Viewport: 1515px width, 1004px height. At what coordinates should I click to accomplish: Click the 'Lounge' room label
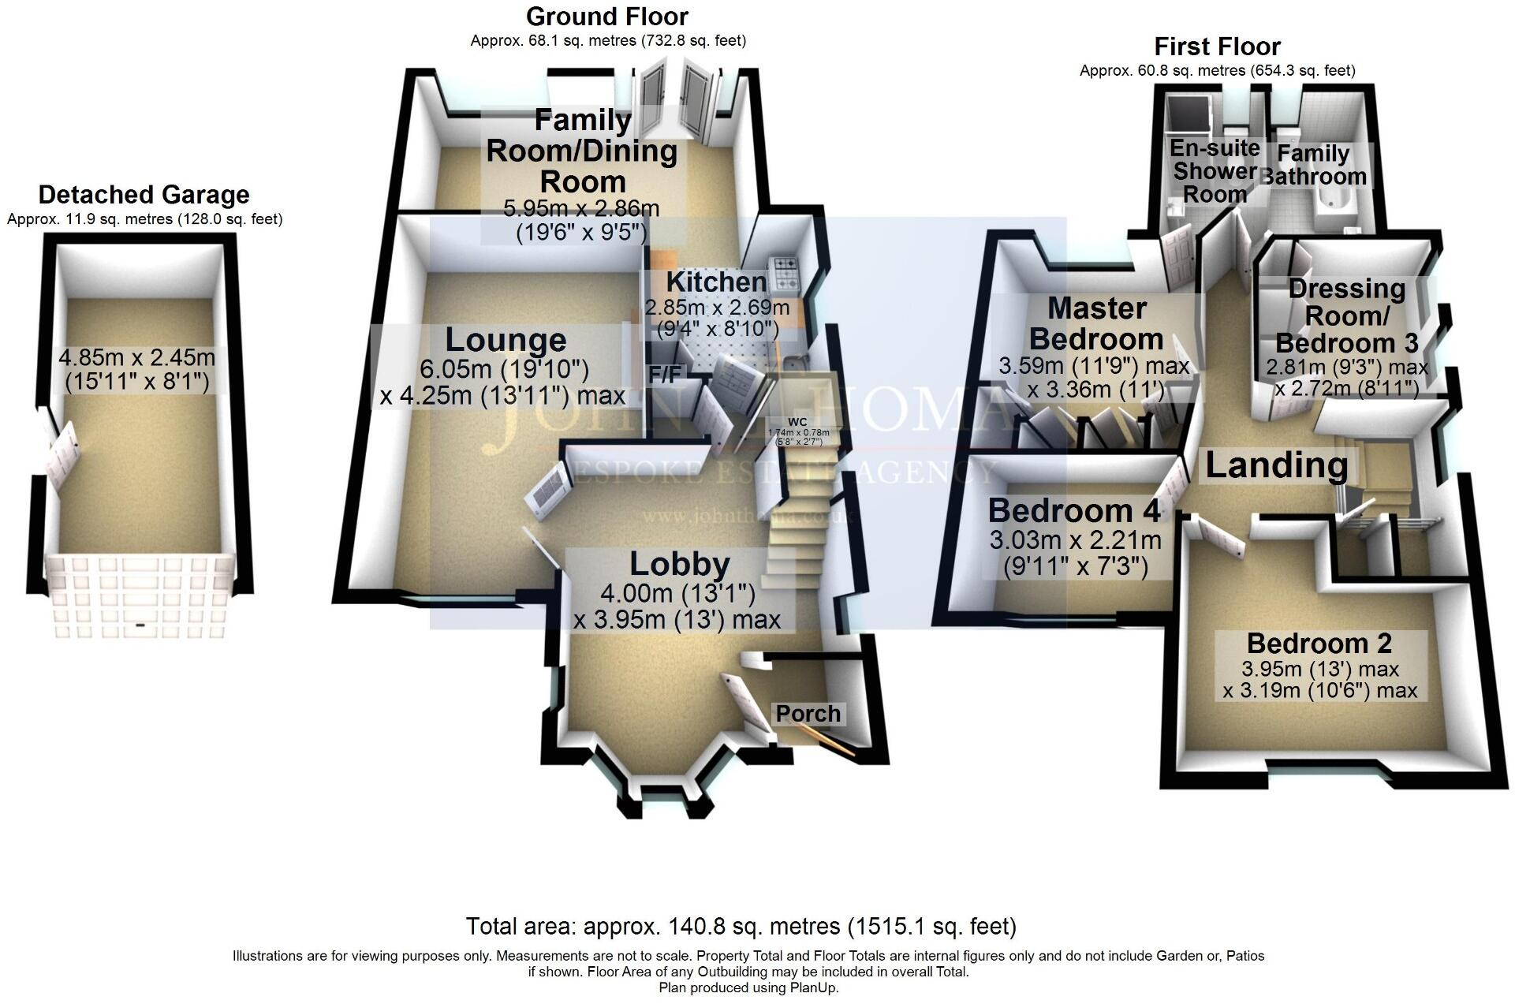506,340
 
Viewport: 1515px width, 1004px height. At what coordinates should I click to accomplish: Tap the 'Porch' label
808,714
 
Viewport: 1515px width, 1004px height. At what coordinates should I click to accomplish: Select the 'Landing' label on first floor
1276,465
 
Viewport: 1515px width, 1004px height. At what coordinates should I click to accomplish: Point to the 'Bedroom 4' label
1074,511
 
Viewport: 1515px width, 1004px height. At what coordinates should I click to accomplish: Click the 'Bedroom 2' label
1319,644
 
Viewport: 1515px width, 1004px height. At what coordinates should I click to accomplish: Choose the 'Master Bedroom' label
1097,323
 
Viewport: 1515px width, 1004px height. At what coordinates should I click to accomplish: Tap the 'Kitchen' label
716,282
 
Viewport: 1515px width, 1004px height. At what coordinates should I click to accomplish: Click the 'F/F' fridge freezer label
665,375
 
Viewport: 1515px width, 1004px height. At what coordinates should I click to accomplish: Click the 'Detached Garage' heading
144,195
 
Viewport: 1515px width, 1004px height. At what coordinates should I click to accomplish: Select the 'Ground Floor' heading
607,17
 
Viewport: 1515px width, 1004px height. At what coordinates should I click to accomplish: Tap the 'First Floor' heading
1217,47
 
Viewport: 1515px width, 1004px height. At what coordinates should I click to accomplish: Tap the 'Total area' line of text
741,926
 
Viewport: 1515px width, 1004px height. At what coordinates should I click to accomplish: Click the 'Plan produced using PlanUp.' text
748,987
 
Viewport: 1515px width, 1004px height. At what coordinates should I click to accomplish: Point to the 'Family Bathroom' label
1313,165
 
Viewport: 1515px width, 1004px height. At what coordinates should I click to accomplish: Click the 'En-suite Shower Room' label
1215,171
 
